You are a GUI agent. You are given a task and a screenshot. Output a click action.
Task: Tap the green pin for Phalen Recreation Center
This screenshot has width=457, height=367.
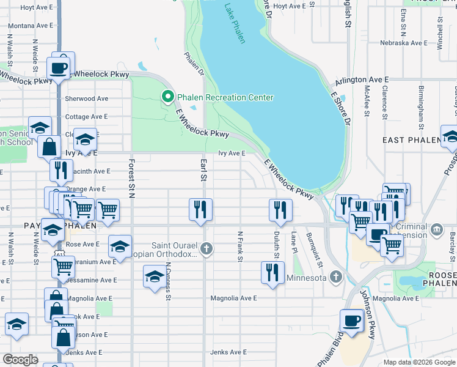click(x=166, y=97)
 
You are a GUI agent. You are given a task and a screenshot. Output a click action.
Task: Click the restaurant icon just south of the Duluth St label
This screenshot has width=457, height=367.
click(x=272, y=272)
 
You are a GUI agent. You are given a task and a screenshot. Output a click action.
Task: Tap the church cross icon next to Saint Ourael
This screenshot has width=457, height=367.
click(x=207, y=248)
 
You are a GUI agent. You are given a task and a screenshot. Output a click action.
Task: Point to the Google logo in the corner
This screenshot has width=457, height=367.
click(x=20, y=360)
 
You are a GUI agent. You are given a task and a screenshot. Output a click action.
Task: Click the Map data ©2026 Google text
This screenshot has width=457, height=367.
click(x=419, y=362)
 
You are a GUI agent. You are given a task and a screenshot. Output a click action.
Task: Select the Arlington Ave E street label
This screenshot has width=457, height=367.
click(x=362, y=80)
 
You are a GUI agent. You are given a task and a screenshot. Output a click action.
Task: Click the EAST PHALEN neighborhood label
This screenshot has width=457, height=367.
click(x=411, y=140)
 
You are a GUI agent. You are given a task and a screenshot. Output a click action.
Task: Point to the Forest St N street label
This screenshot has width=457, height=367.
click(x=131, y=179)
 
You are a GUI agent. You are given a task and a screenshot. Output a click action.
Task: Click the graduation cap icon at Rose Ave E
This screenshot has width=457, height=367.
click(x=120, y=247)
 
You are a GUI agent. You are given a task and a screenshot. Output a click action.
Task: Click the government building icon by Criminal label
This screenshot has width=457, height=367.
click(x=437, y=230)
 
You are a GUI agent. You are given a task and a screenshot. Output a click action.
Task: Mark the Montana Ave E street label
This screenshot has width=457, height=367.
click(x=30, y=26)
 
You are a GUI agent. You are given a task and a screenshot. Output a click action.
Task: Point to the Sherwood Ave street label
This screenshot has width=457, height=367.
click(x=87, y=98)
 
